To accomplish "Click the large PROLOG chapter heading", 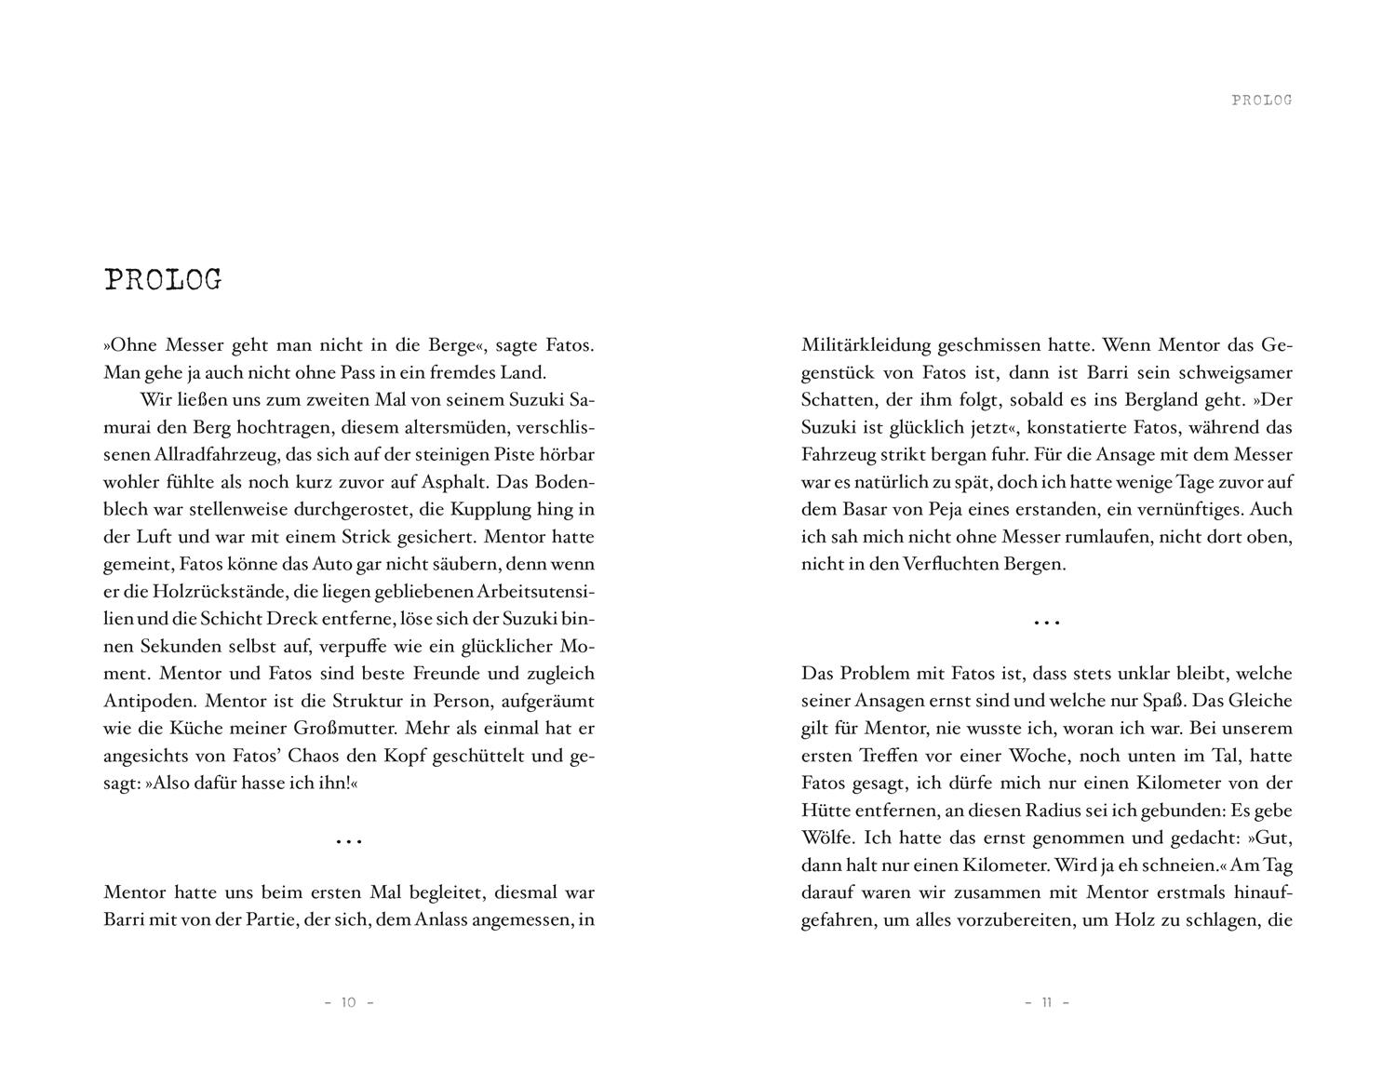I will click(163, 280).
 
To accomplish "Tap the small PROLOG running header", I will click(1261, 100).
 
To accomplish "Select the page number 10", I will click(348, 1002).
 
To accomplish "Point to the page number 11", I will click(1046, 1002).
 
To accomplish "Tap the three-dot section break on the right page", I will click(1047, 623).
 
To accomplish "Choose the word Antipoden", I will click(149, 701).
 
